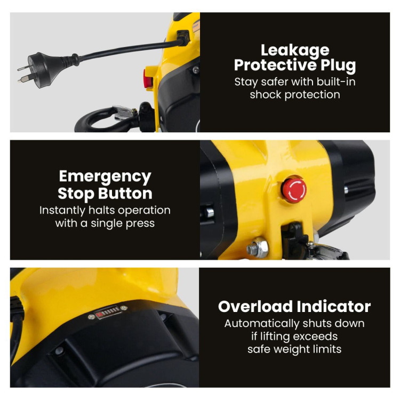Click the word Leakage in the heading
pos(295,51)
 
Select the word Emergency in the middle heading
pos(105,177)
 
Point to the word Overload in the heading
pos(255,306)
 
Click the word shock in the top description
pos(266,94)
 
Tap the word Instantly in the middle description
pos(62,211)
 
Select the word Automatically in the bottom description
pos(262,324)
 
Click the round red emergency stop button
pos(294,189)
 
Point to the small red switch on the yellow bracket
pos(147,78)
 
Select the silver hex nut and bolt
pos(258,247)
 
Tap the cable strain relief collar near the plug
pos(75,59)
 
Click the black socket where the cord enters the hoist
pos(183,38)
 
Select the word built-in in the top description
pos(336,82)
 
